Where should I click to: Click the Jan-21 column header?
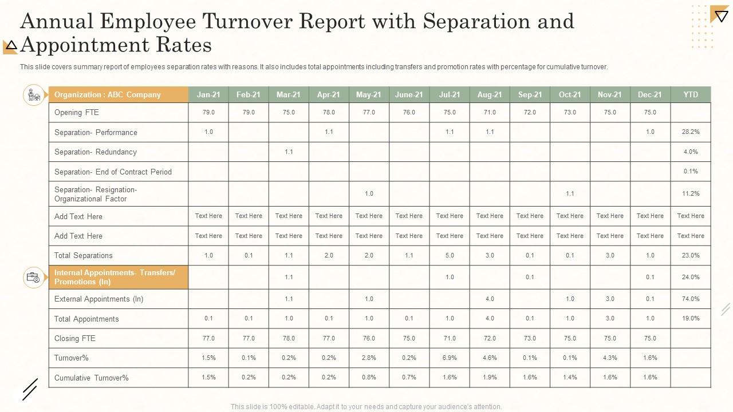pos(208,94)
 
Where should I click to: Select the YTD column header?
pos(691,94)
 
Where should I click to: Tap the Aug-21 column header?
pos(490,94)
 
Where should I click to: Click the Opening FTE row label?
pos(77,113)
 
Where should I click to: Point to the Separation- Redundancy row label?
pos(96,152)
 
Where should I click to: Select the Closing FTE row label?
pos(75,339)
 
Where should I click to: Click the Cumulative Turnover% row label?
pos(92,378)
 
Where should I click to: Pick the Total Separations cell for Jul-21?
pos(450,255)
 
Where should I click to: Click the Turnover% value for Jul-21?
pos(450,358)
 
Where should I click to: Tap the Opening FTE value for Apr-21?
pos(329,113)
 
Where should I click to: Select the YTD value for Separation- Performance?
pos(691,132)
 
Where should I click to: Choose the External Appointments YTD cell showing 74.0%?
pos(691,299)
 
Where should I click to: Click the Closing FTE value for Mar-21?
pos(289,338)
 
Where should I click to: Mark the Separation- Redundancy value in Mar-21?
pos(289,152)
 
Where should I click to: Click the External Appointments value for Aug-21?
pos(490,299)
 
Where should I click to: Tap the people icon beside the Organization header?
pos(34,95)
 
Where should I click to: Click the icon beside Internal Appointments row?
pos(33,278)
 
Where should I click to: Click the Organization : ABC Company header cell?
pos(108,94)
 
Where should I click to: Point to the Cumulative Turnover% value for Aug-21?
pos(490,377)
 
